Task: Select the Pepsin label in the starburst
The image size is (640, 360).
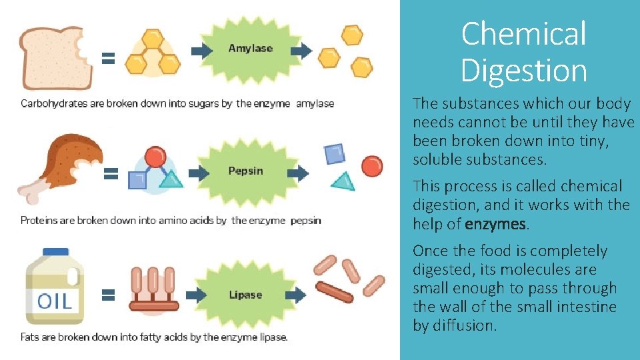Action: point(245,171)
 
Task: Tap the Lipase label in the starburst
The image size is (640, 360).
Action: point(245,295)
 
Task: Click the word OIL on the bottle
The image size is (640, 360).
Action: point(55,301)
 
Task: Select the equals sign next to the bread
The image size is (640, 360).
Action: point(108,58)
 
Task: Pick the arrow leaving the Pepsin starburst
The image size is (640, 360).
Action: point(299,173)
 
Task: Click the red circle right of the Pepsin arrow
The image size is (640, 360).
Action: point(372,165)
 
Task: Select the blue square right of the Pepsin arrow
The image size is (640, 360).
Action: point(335,154)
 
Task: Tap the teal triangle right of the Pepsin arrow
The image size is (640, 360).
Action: point(344,181)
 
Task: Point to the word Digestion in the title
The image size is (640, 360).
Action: point(523,70)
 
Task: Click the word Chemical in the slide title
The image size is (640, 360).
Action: point(523,33)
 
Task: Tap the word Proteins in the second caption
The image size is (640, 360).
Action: point(39,220)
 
